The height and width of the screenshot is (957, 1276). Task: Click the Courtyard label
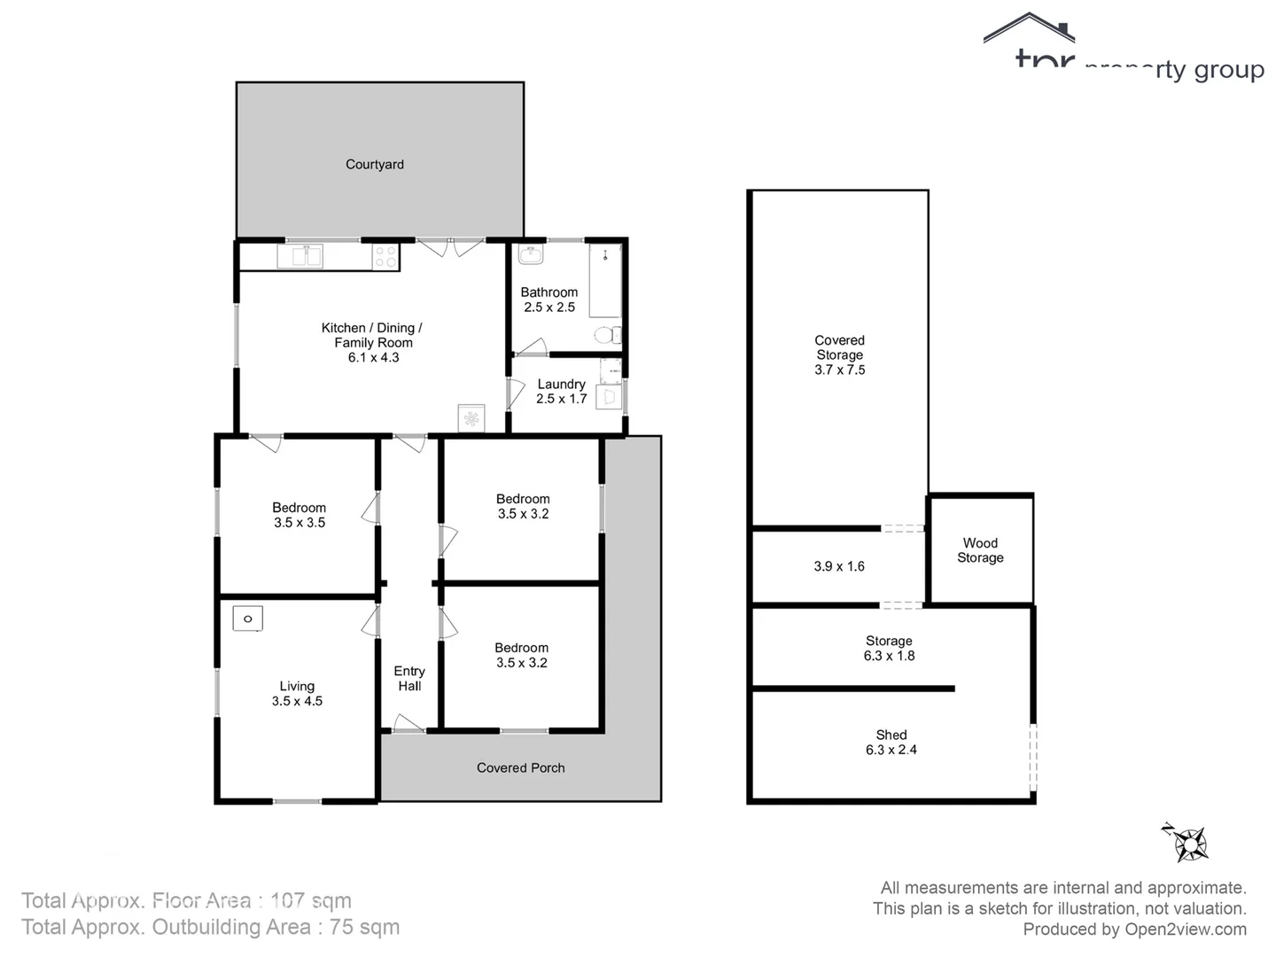pos(374,164)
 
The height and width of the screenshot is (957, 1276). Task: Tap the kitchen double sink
pos(300,256)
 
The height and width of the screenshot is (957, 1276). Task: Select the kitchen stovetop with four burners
pos(385,257)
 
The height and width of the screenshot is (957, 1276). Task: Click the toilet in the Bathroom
pos(607,336)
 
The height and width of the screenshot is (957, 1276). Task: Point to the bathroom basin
pos(532,254)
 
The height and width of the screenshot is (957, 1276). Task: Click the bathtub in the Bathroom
pos(605,281)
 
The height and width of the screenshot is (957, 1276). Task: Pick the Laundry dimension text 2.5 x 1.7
pos(561,399)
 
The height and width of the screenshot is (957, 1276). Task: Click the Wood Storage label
pos(980,550)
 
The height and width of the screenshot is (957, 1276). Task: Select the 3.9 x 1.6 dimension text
pos(838,566)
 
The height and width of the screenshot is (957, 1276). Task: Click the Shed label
pos(891,735)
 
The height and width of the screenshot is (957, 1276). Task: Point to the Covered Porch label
pos(520,768)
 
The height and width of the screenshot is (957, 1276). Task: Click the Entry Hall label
pos(409,679)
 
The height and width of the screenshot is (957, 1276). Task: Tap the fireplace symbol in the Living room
pos(248,619)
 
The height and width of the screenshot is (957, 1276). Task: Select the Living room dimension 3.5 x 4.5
pos(297,701)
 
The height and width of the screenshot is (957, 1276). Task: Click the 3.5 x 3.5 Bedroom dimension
pos(300,523)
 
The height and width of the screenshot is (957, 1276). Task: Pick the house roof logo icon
pos(1029,28)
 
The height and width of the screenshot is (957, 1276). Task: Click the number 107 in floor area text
pos(287,901)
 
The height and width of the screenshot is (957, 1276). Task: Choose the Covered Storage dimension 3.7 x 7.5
pos(839,370)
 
